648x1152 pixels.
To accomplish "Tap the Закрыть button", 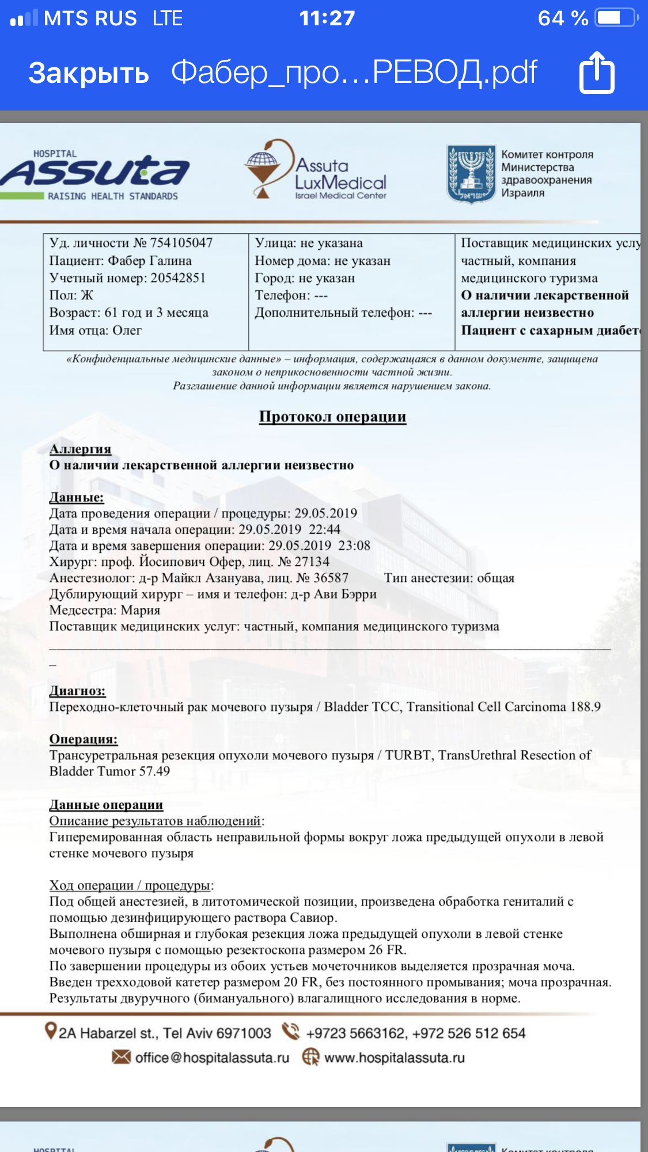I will coord(89,73).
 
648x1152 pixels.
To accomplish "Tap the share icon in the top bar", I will coord(597,73).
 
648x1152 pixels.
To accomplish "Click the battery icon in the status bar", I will coord(616,18).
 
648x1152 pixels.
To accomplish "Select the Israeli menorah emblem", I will coord(471,173).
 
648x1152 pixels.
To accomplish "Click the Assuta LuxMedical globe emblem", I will coord(263,167).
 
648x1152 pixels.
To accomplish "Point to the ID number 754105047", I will coord(181,243).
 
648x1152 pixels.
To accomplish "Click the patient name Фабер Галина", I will coord(150,261).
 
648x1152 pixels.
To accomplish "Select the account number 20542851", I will coord(178,278).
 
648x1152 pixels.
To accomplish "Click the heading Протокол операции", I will coord(332,416).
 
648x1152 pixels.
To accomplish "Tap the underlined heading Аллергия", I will coord(80,448).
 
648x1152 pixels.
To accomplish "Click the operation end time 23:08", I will coord(354,545).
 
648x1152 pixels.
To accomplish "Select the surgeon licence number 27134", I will coord(312,561).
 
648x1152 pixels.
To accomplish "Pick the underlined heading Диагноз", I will coord(77,690).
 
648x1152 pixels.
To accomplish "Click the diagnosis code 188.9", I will coord(585,706).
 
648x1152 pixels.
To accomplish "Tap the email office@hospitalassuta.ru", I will coord(211,1058).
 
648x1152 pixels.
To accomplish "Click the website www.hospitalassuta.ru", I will coord(394,1058).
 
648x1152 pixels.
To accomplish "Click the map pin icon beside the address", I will coord(51,1031).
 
